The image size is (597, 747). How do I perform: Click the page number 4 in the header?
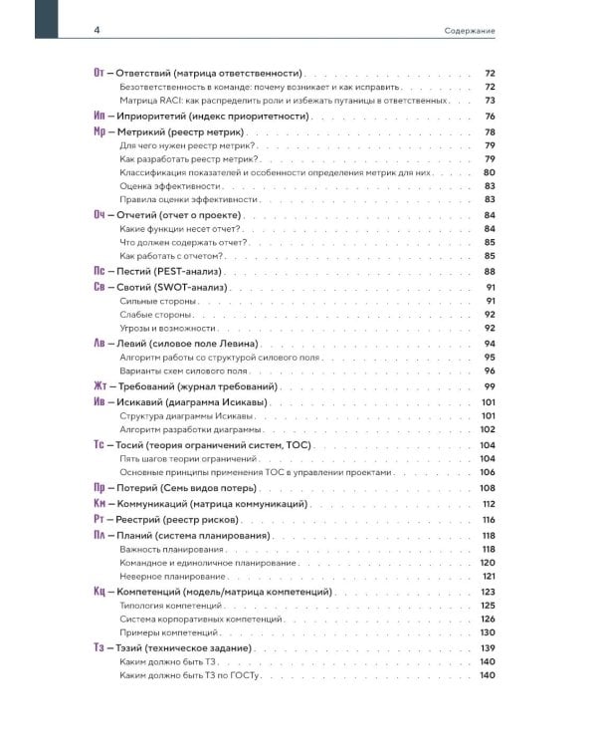97,30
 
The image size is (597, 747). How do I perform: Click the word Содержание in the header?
470,31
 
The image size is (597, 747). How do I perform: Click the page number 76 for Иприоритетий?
489,117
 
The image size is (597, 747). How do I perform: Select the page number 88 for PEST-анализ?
489,271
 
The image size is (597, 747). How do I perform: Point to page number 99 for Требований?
489,385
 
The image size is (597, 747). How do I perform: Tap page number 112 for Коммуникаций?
488,504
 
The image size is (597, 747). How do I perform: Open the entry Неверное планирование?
169,577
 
